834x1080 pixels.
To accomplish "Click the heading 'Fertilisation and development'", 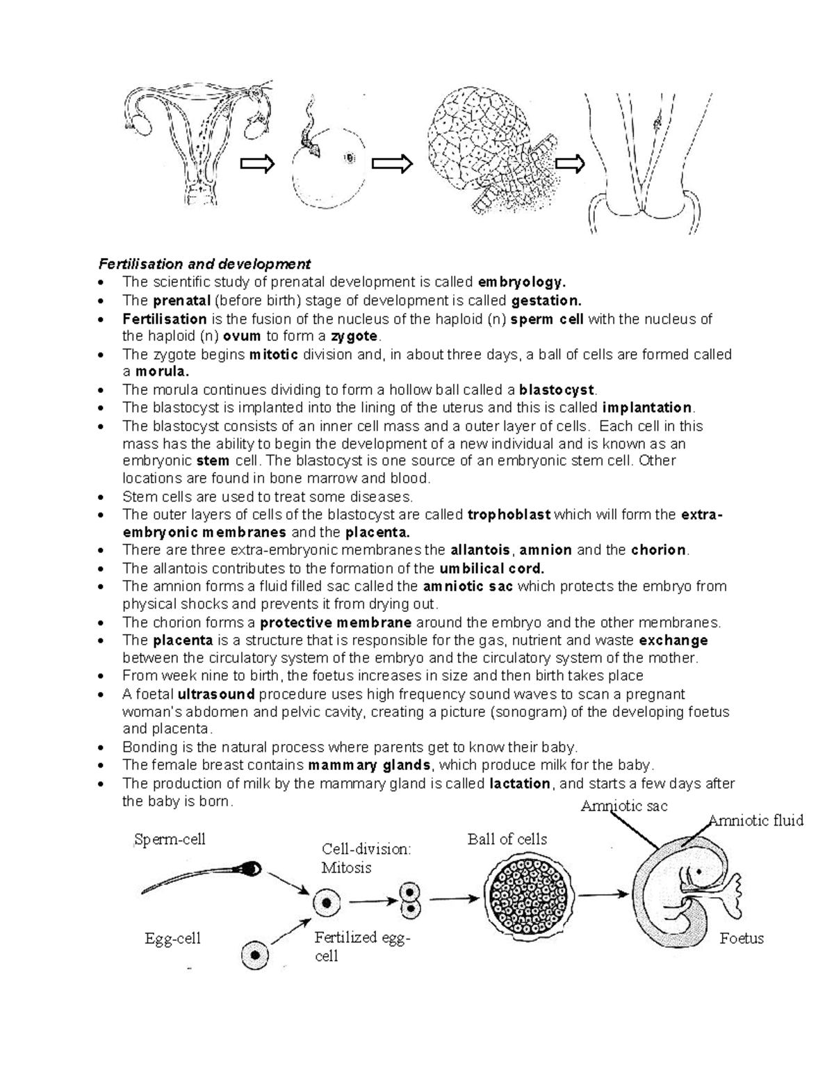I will point(204,264).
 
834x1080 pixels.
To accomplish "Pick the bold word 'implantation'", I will point(647,408).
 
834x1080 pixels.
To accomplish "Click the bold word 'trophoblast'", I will point(509,515).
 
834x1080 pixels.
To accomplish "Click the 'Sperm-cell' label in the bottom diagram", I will point(170,839).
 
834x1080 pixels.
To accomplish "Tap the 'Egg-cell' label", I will point(172,938).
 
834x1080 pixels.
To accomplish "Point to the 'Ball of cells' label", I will point(507,839).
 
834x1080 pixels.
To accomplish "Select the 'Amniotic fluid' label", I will point(755,821).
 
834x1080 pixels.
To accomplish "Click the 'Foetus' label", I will point(742,938).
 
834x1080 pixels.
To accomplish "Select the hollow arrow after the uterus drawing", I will point(257,164).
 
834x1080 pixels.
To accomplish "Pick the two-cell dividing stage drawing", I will point(410,901).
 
